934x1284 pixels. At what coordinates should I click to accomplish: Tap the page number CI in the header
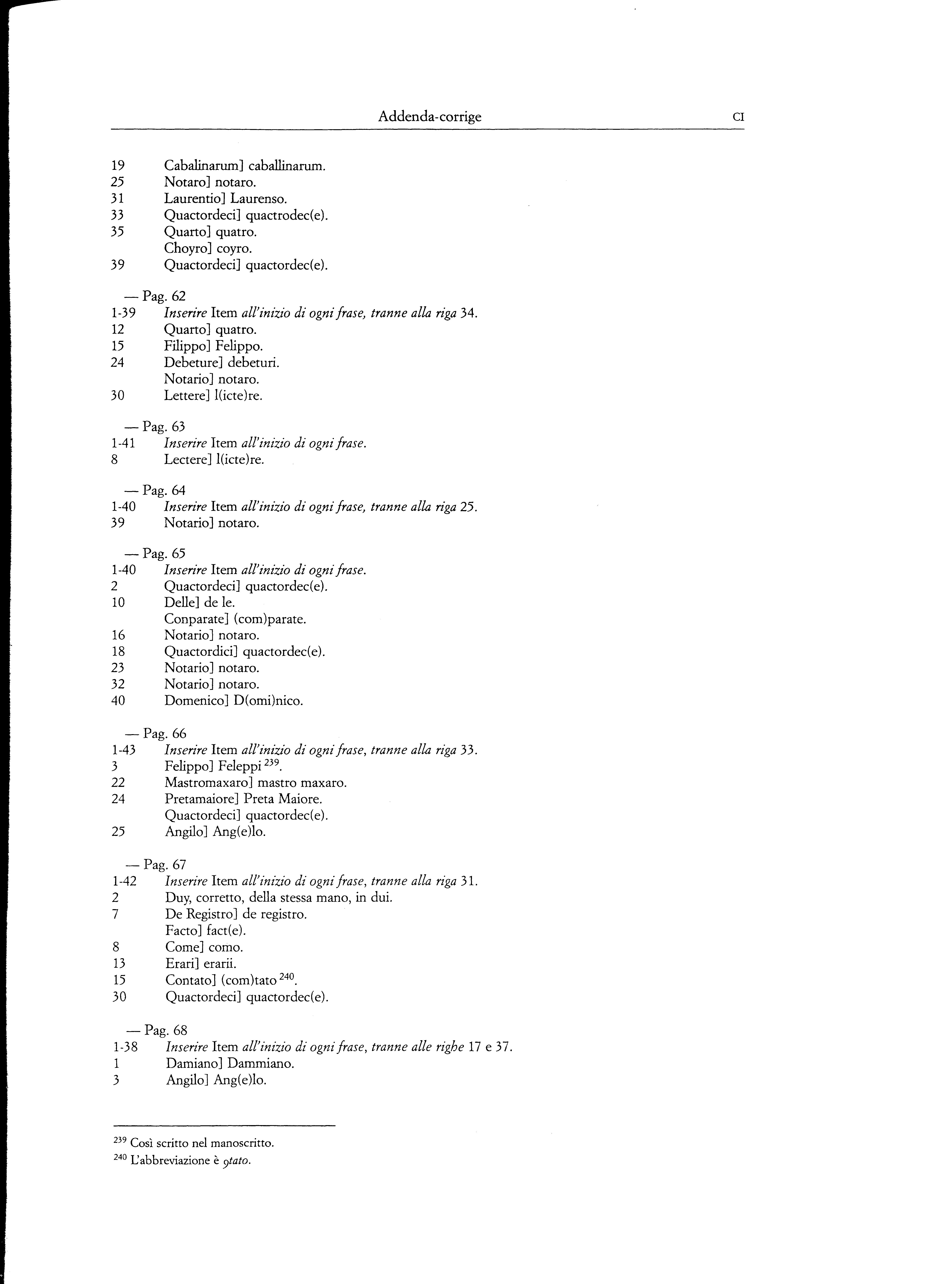point(738,118)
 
